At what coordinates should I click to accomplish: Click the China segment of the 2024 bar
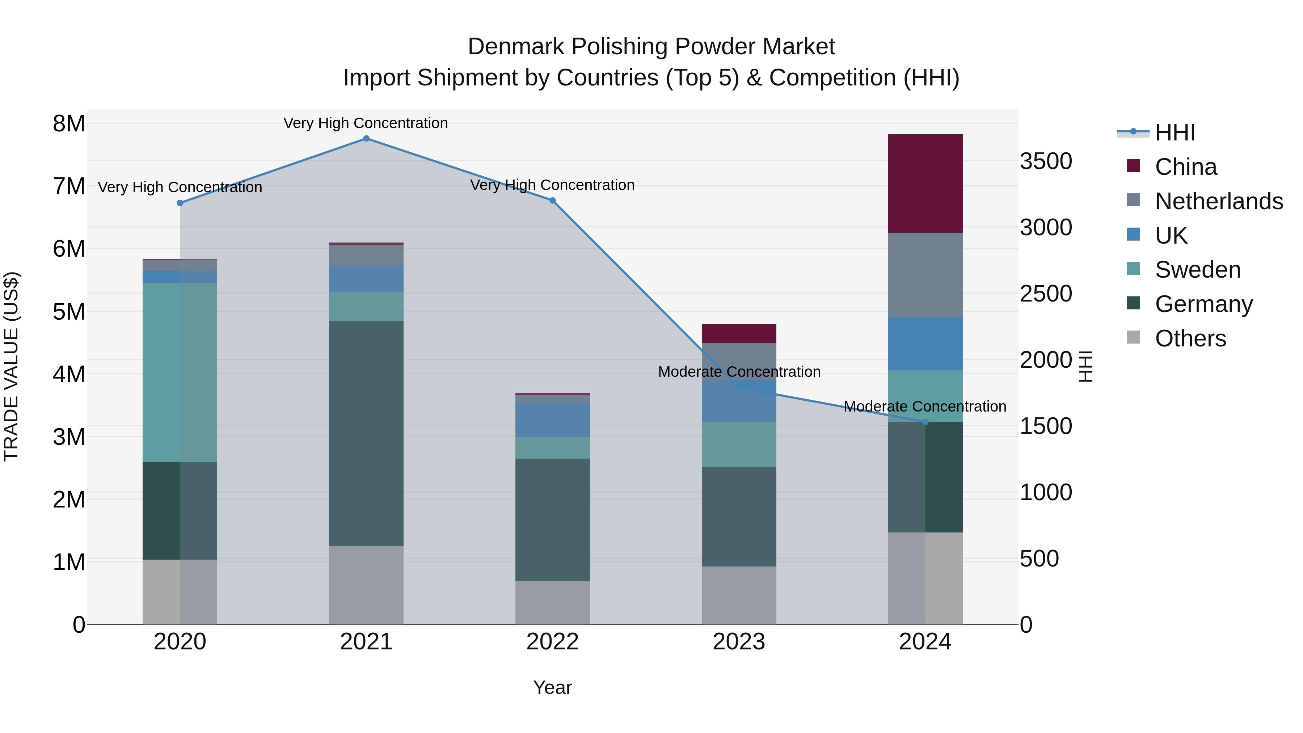point(925,184)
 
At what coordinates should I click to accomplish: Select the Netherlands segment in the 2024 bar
point(925,275)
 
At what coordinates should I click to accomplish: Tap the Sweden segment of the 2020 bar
point(180,372)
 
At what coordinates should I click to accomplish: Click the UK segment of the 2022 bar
point(552,420)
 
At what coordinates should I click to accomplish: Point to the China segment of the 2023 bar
point(738,334)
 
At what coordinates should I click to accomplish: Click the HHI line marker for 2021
point(366,139)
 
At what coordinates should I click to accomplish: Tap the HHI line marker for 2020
point(180,203)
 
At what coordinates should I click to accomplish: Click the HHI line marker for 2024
point(925,422)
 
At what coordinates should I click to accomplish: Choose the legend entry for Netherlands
point(1219,201)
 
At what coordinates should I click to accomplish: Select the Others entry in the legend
point(1190,338)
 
